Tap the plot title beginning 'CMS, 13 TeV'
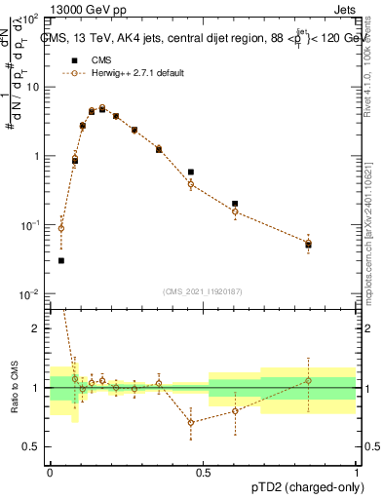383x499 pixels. pos(200,38)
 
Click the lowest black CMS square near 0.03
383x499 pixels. pos(61,260)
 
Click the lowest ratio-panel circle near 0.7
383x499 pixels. pos(191,422)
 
